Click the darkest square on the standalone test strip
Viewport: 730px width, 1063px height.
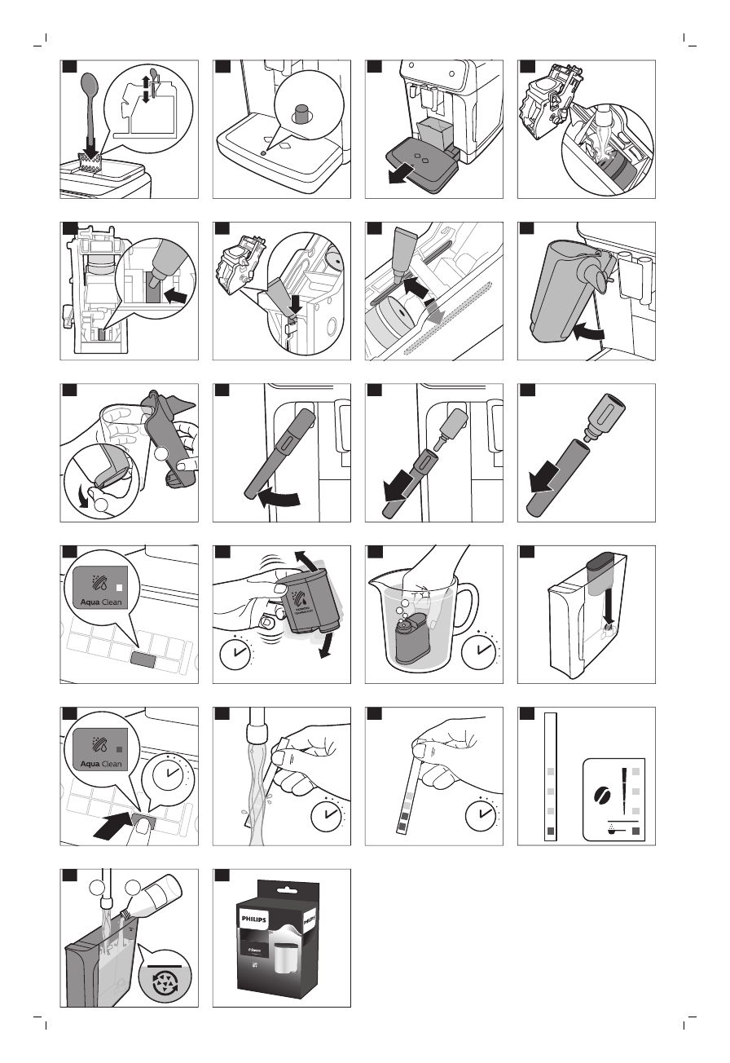[x=551, y=831]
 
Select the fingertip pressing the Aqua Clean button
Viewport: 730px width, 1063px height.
[x=145, y=829]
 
